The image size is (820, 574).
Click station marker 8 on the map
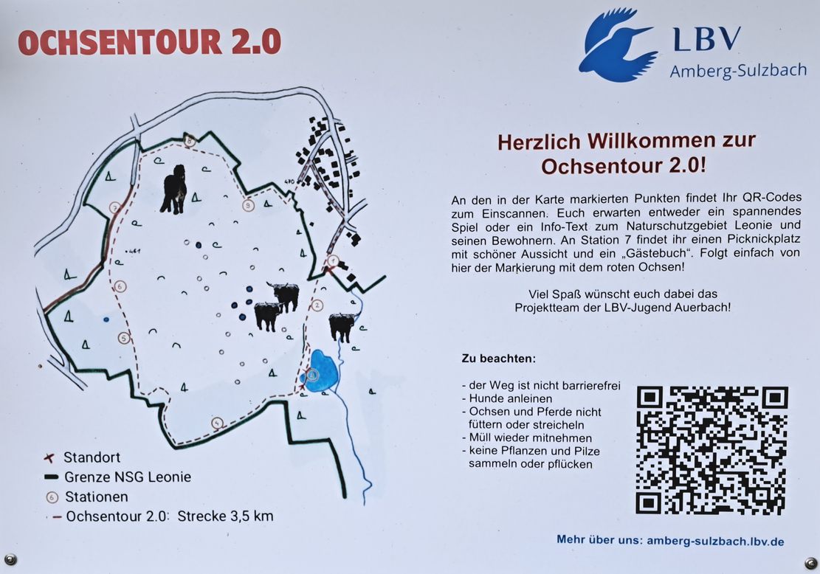pos(189,140)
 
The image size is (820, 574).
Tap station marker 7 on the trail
pos(116,208)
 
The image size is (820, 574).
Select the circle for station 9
pos(249,205)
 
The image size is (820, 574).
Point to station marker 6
pos(120,286)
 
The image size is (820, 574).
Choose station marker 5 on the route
pos(123,338)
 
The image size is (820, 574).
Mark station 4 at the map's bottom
pos(217,423)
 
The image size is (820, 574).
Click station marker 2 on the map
pos(317,305)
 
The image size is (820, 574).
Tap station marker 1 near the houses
pos(333,260)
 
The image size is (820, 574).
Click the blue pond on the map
pos(320,371)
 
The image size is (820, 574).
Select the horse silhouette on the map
pos(175,189)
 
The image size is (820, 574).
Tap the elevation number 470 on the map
pos(289,182)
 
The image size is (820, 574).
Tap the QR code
pos(712,451)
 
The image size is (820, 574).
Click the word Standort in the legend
pos(92,457)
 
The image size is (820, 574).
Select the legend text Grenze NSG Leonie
pos(128,477)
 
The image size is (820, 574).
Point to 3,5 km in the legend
pos(252,516)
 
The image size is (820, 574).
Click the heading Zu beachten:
pos(498,359)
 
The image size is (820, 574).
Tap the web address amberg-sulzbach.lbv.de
pos(715,541)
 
